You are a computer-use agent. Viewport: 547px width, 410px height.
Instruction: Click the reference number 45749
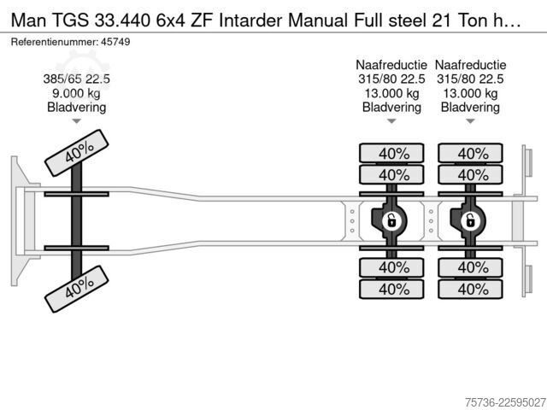[115, 42]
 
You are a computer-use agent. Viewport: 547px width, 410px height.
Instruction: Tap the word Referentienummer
[55, 42]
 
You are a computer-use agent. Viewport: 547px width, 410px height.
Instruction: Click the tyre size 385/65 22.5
[76, 79]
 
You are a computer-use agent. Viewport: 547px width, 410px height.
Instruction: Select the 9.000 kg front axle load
[76, 93]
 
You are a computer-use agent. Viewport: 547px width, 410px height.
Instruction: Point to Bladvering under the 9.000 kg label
[76, 107]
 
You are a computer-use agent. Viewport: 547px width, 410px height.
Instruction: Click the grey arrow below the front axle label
[76, 121]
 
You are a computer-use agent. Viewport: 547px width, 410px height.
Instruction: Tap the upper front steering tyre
[76, 153]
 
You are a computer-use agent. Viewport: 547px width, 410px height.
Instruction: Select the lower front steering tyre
[76, 289]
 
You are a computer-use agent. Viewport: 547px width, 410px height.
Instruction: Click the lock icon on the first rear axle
[391, 220]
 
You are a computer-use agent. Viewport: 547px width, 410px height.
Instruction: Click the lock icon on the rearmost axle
[470, 220]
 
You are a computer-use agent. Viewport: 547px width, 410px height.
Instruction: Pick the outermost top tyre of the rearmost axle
[470, 153]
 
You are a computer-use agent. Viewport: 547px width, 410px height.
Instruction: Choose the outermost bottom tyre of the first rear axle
[391, 289]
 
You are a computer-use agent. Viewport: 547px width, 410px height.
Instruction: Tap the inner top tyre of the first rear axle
[391, 174]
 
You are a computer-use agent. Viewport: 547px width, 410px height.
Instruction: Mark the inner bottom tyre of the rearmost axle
[470, 267]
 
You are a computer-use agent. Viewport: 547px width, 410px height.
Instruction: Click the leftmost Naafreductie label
[391, 65]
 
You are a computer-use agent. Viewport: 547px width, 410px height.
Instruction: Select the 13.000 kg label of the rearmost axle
[470, 93]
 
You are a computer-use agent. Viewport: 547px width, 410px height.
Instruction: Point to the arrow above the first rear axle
[391, 121]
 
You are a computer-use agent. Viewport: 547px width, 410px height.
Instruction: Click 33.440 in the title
[122, 20]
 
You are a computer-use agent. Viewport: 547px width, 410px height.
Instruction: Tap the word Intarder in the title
[250, 20]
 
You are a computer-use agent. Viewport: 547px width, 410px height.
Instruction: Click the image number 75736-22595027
[505, 402]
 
